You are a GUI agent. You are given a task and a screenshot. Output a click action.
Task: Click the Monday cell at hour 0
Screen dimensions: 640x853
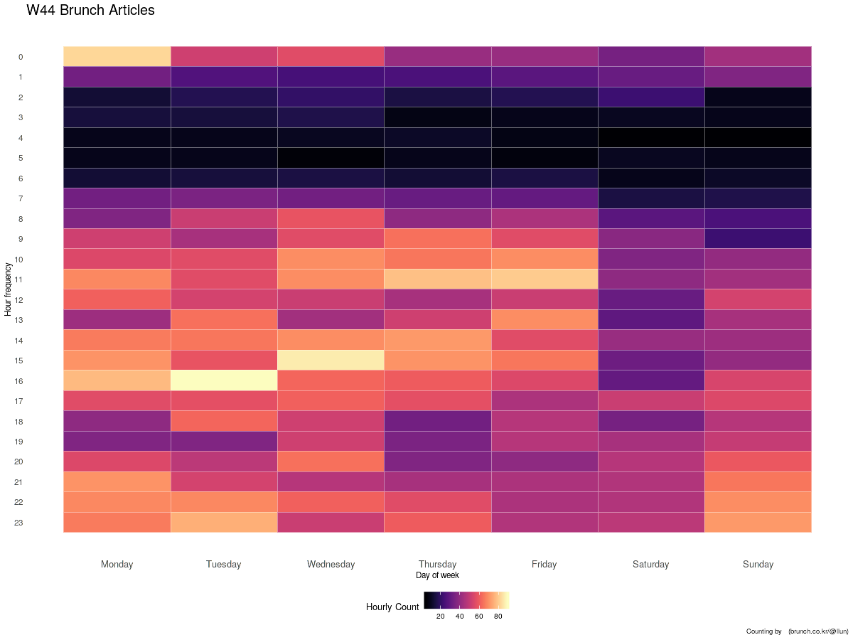point(117,56)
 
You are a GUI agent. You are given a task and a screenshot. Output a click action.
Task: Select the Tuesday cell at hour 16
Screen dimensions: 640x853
point(224,380)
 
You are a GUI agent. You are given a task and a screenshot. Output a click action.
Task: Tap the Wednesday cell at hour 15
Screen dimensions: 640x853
point(331,361)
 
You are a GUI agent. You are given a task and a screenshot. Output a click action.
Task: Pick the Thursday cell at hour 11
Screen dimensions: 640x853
point(438,279)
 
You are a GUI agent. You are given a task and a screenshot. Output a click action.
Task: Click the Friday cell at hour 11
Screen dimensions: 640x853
point(544,279)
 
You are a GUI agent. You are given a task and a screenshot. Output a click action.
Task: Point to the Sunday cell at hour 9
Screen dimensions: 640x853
point(758,239)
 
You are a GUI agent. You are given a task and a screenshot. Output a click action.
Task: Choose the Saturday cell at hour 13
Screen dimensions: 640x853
point(651,320)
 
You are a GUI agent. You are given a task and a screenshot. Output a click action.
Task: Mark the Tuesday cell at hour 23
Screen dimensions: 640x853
point(224,523)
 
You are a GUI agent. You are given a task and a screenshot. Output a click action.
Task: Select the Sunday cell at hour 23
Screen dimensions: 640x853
point(758,523)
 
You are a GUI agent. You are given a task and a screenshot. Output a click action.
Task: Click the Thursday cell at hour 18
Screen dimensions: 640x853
point(438,421)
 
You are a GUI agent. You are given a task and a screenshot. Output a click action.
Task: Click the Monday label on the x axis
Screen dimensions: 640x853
point(117,564)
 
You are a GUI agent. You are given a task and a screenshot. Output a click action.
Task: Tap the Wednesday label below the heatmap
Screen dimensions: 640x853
point(331,564)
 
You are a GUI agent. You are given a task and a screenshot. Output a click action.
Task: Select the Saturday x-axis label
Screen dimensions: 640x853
point(651,564)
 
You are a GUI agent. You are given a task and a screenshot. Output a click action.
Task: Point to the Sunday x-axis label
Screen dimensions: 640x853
point(758,564)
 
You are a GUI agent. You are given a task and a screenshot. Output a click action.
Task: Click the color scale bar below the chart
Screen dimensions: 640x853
point(469,601)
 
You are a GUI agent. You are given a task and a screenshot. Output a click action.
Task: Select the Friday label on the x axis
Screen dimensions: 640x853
point(544,564)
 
